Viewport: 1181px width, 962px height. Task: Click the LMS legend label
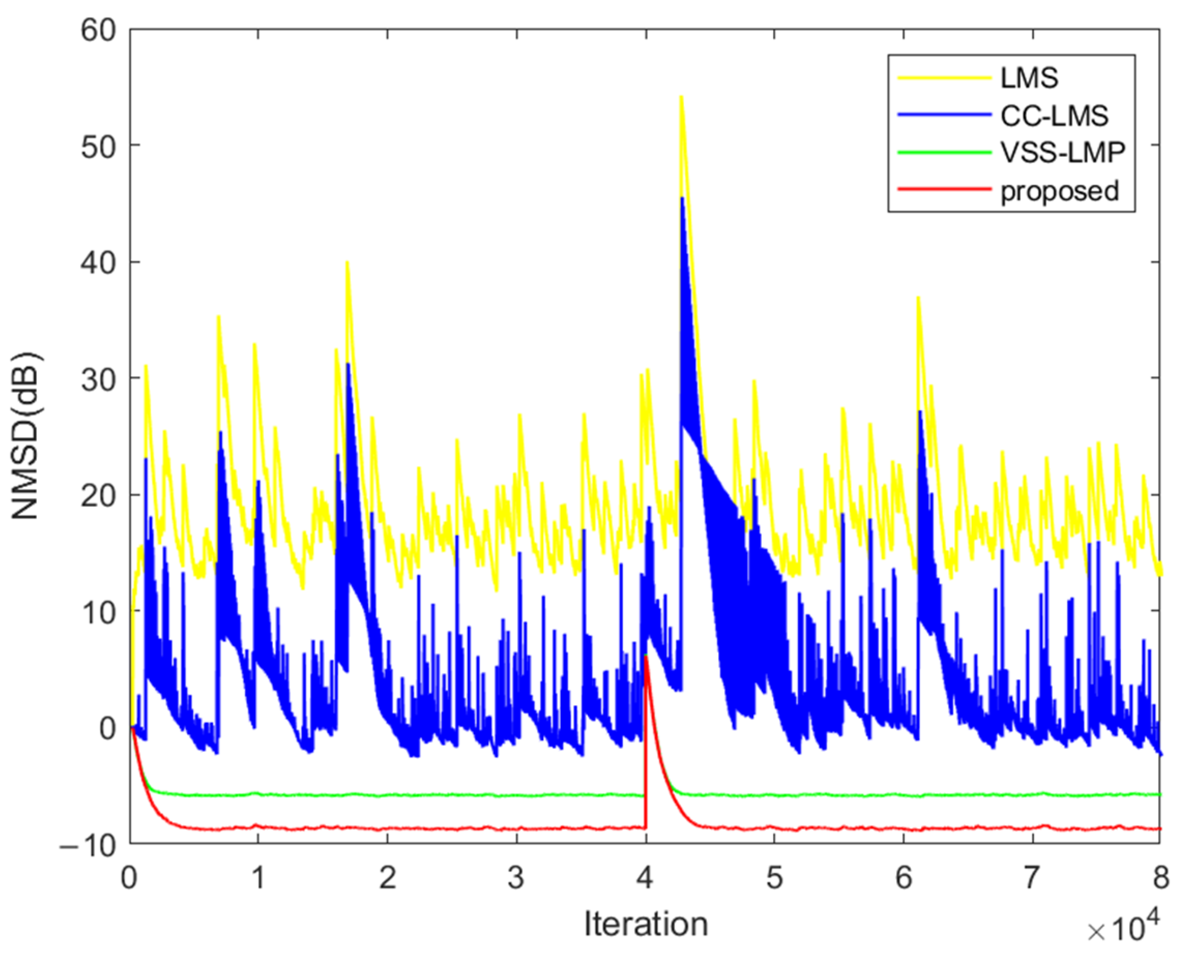[1029, 78]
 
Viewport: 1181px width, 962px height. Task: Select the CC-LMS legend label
[1054, 116]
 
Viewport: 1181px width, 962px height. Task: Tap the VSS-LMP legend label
[1062, 153]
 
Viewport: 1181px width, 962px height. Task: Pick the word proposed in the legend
[1059, 191]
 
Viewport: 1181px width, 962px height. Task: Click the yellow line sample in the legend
[944, 78]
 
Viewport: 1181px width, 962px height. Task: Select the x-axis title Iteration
[646, 923]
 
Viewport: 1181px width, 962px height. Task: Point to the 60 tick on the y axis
[98, 30]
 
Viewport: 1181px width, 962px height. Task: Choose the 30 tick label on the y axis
[98, 379]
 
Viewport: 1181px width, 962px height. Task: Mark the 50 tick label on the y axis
[98, 146]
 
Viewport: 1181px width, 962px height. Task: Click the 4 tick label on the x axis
[646, 878]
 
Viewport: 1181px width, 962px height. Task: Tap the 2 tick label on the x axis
[387, 878]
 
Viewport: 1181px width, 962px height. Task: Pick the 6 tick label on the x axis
[904, 878]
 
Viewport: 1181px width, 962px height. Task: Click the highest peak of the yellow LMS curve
[681, 97]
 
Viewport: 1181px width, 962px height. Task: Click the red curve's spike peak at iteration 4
[647, 656]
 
